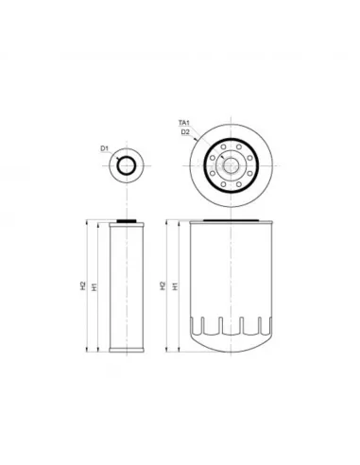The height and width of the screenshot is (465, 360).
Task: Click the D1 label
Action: [105, 148]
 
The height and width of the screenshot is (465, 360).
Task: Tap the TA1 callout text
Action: [185, 124]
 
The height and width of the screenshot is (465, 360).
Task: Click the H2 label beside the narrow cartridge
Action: [82, 284]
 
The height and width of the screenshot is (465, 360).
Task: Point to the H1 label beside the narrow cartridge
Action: [94, 284]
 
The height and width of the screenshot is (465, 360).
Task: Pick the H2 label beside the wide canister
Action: [163, 284]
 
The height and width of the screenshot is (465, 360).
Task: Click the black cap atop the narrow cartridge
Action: [127, 221]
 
